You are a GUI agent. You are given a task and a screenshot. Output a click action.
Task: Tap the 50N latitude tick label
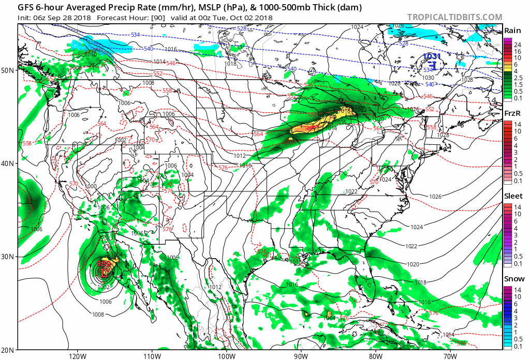9,70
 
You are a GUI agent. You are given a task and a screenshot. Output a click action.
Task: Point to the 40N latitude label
9,163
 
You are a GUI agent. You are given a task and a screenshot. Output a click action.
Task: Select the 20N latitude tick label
9,350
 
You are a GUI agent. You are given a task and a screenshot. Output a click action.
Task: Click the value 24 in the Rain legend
517,45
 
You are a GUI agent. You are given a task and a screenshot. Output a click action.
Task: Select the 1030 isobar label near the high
428,78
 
